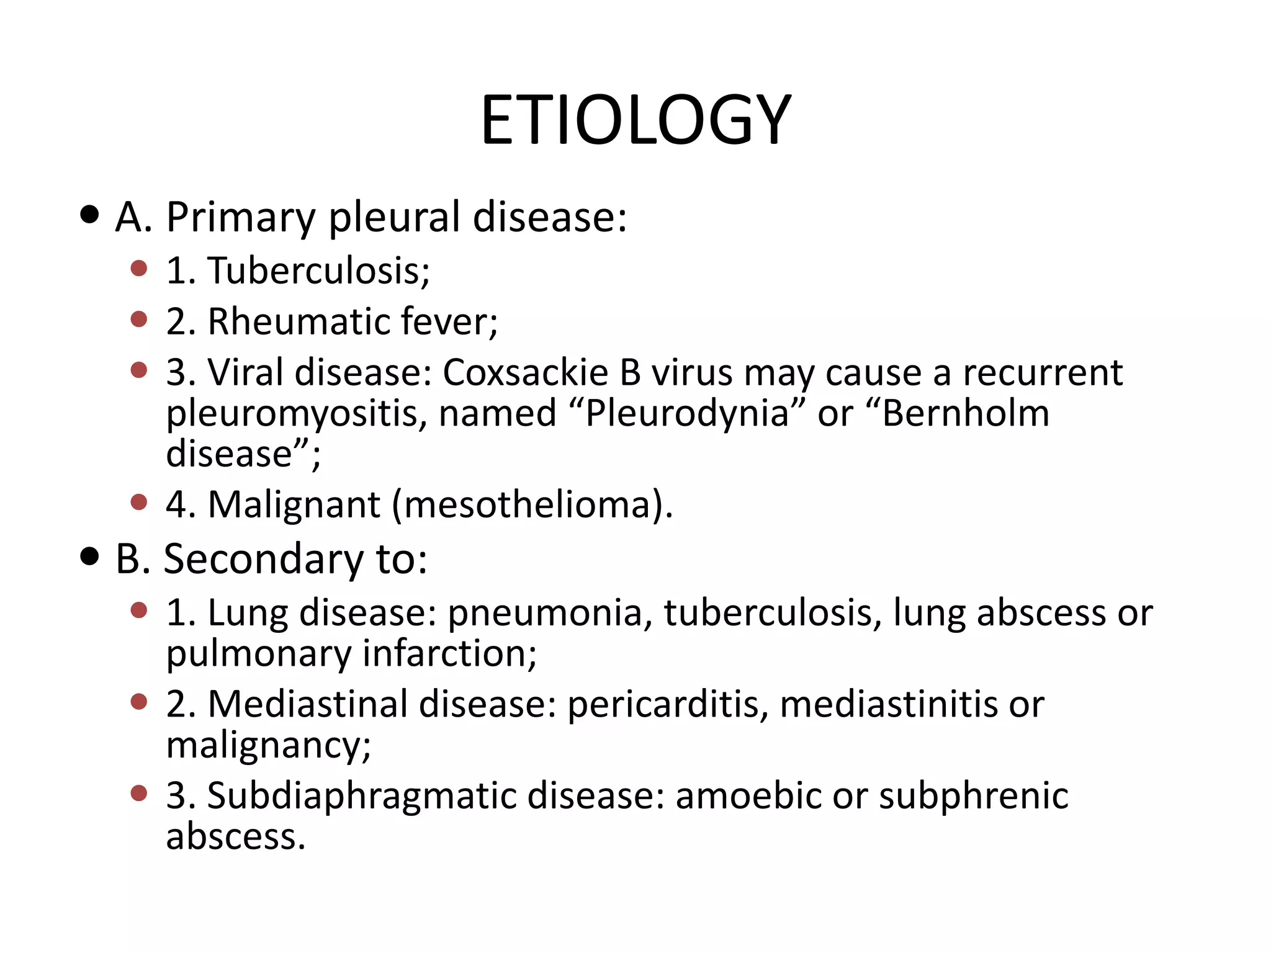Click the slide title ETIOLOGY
click(635, 119)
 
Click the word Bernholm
click(966, 414)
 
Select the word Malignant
click(294, 504)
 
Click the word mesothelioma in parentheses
click(528, 504)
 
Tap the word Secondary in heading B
click(263, 559)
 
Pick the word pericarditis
click(663, 705)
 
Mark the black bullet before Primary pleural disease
click(90, 215)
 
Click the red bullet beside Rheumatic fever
click(139, 320)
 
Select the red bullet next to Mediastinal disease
click(139, 702)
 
